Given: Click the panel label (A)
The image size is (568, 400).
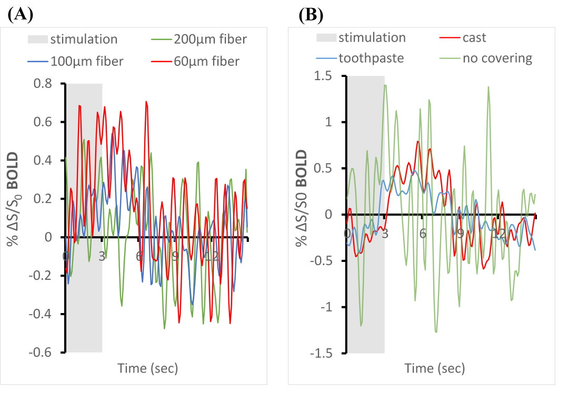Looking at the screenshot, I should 21,15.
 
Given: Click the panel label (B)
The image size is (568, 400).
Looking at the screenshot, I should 311,15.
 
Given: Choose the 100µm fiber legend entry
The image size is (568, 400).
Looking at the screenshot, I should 87,61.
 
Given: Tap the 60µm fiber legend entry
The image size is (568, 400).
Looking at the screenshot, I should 207,61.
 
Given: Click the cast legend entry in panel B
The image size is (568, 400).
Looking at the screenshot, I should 474,37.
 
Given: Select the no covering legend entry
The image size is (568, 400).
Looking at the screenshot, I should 497,57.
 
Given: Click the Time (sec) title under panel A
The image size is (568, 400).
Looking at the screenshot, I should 147,368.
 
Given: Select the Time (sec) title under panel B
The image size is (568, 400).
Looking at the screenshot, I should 434,368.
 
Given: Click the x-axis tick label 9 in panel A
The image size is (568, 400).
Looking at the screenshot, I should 175,256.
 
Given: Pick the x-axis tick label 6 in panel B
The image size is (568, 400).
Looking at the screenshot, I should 423,233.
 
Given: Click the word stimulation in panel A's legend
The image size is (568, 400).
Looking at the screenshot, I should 83,39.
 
